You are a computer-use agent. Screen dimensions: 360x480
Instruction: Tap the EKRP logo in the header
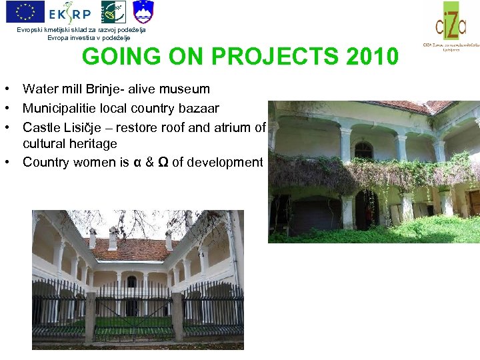coord(69,12)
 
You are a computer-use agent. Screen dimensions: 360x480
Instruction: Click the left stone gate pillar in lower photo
coord(91,317)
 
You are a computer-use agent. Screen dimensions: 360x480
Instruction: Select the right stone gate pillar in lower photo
coord(177,317)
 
